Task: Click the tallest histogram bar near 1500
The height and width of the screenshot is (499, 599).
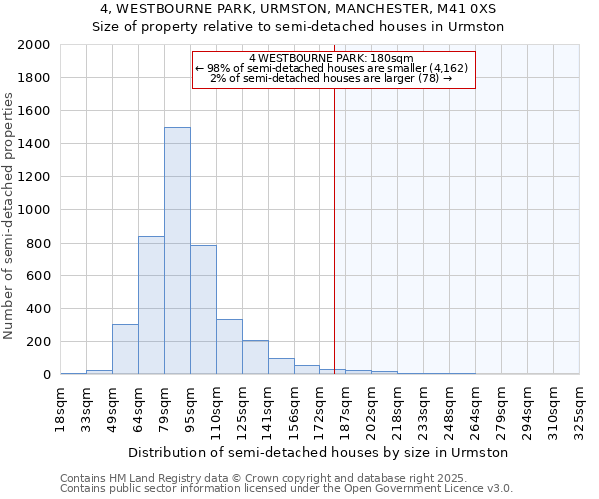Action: click(x=177, y=249)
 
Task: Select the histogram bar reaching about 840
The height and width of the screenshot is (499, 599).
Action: click(x=151, y=304)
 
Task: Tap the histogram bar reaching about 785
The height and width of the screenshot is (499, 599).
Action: click(x=203, y=309)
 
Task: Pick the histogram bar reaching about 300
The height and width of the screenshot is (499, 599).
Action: click(x=125, y=349)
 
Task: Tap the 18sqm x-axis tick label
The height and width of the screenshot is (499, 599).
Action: click(x=61, y=407)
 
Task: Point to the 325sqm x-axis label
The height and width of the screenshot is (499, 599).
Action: click(x=580, y=407)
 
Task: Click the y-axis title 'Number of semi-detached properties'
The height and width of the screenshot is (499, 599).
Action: click(x=10, y=216)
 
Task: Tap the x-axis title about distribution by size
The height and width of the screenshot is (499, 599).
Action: click(x=319, y=452)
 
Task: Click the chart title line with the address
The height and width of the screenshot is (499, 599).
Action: click(x=299, y=9)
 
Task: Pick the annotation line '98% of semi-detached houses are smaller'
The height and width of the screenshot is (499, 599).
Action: click(x=333, y=68)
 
